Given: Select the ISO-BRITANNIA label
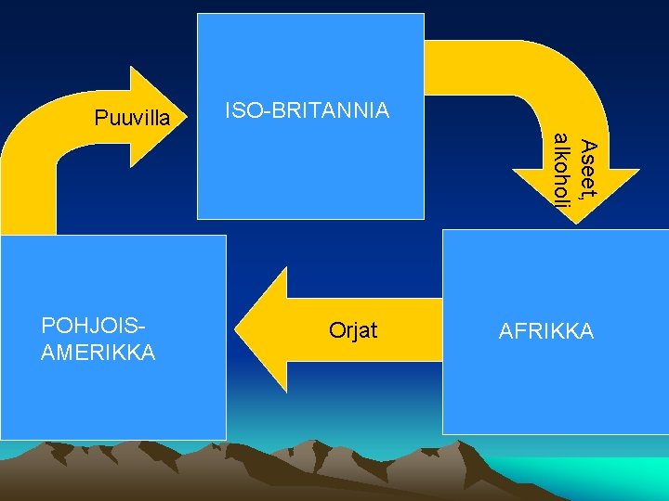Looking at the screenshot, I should (x=308, y=111).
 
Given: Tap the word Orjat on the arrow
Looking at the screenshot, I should (x=353, y=330).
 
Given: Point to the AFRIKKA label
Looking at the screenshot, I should (x=546, y=332).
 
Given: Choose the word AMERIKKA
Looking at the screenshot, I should (x=98, y=353).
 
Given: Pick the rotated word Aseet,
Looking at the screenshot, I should (x=586, y=169).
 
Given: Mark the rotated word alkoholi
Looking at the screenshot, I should (x=560, y=170).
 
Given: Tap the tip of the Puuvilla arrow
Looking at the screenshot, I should (x=187, y=116).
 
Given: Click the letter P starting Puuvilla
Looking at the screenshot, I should (x=100, y=119).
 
